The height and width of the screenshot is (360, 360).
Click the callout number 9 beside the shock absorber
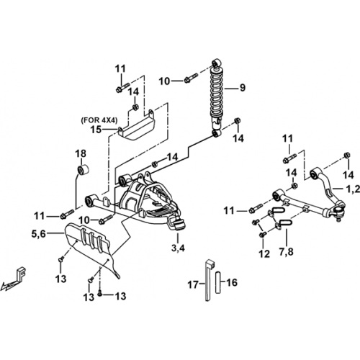click(243, 88)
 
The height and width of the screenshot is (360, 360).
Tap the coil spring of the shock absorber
click(217, 92)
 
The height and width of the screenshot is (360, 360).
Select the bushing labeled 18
click(83, 169)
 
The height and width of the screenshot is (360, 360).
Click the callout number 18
click(81, 153)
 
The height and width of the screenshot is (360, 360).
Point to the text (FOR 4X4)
click(99, 120)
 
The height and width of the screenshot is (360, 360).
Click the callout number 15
click(96, 130)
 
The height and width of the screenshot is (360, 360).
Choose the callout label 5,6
click(38, 233)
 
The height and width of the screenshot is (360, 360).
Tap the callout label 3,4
click(178, 248)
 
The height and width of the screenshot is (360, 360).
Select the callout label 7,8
click(287, 252)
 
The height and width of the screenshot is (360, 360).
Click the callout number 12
click(264, 254)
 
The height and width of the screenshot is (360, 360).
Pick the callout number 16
click(232, 282)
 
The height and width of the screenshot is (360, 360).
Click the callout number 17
click(193, 285)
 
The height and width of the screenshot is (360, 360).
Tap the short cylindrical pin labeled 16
click(217, 282)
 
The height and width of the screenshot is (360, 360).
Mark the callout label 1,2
click(354, 189)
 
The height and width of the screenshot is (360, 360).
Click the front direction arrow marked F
click(14, 279)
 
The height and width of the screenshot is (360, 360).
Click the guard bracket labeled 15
click(137, 125)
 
